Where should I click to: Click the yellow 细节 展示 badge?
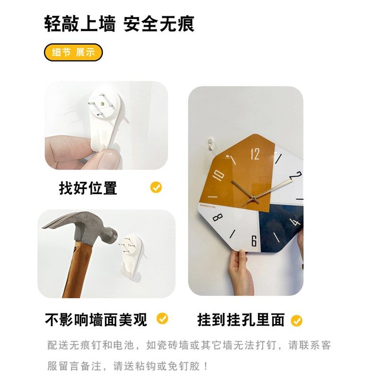(73, 52)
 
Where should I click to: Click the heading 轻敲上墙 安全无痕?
(119, 24)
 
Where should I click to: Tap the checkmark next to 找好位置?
(156, 187)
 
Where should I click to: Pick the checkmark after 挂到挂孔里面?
(296, 321)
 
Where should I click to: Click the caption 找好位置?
(88, 188)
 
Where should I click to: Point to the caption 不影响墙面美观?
(96, 319)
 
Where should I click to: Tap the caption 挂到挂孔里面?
(241, 320)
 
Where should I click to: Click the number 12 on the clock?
(255, 154)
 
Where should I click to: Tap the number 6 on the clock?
(254, 241)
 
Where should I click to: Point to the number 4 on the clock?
(296, 222)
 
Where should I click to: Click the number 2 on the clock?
(296, 175)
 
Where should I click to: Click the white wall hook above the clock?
(211, 142)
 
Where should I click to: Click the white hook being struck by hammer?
(134, 255)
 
